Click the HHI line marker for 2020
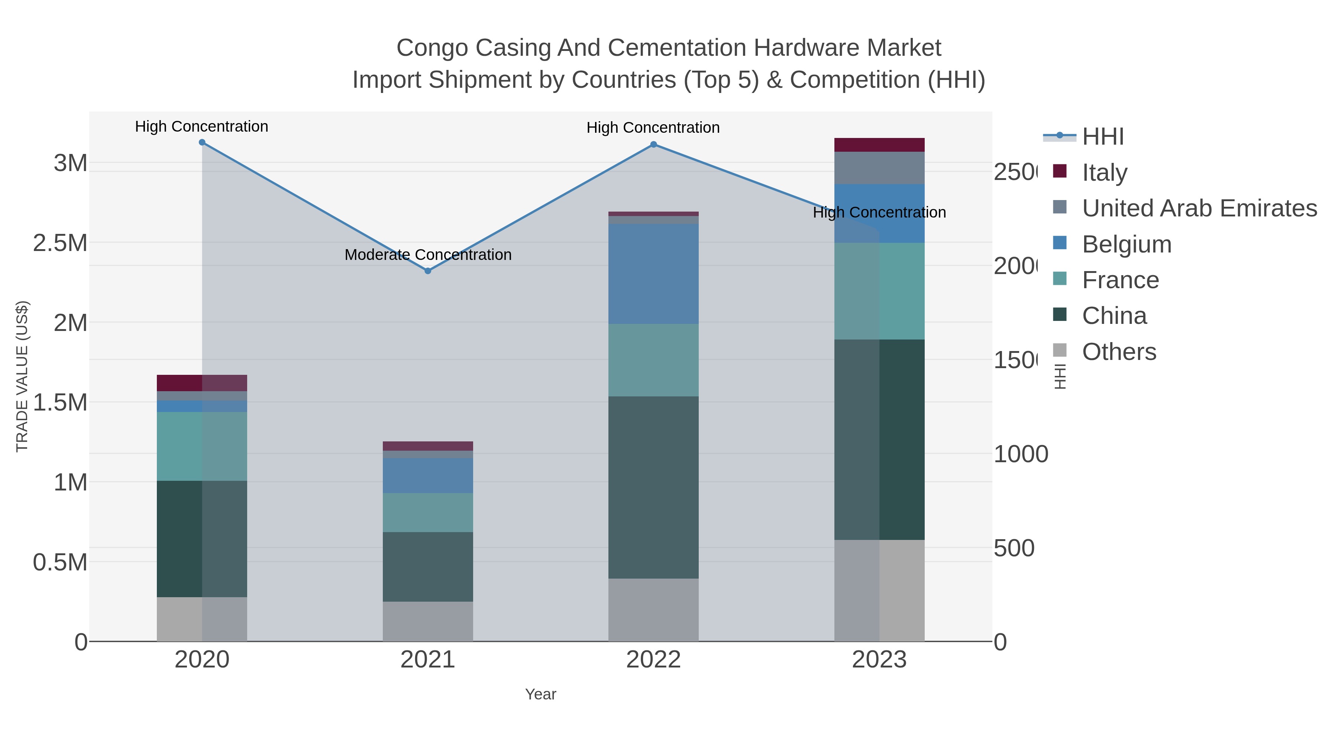[x=202, y=142]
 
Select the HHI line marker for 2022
[x=653, y=145]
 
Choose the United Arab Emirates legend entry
[x=1199, y=208]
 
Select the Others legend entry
[x=1118, y=352]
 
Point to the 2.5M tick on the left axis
[x=60, y=243]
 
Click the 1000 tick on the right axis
[x=1021, y=454]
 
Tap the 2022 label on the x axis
[x=653, y=659]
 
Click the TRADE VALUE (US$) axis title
[x=22, y=376]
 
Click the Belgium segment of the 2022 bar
[x=653, y=274]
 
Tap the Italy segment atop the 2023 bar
[x=879, y=145]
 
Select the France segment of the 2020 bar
[x=202, y=446]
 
